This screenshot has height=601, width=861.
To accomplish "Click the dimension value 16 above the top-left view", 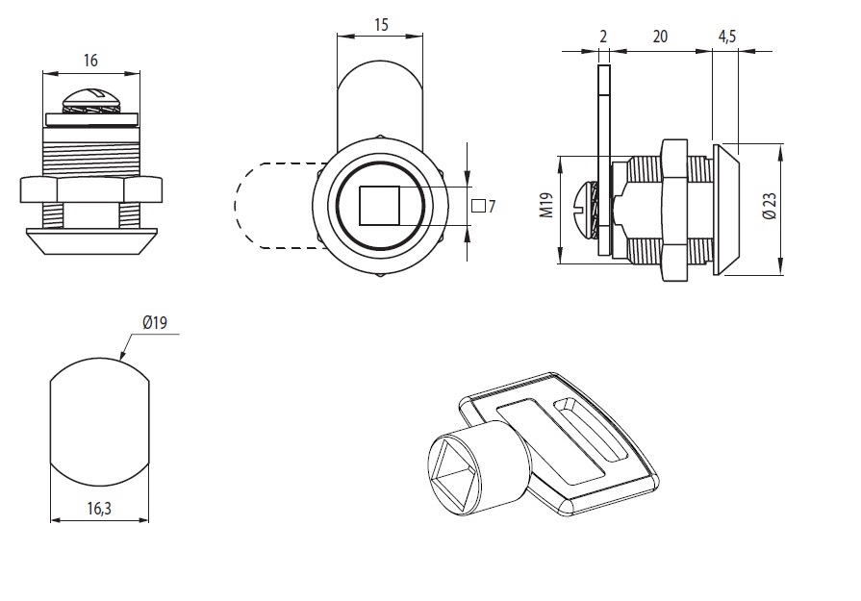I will pos(91,61).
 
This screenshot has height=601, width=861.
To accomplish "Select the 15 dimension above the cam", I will pos(380,25).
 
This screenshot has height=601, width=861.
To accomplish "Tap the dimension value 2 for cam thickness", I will pos(603,37).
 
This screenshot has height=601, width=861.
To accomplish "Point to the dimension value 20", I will pos(660,37).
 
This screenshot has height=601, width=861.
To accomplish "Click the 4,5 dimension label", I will pos(727,37).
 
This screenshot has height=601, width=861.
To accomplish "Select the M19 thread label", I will pos(545,205).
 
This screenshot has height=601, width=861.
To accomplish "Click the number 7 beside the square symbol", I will pos(491,206).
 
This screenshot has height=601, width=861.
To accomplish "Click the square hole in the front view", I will pos(379,205).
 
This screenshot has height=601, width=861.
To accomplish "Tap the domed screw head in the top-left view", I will pos(91,101).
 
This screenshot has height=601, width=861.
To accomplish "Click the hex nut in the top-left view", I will pos(91,189).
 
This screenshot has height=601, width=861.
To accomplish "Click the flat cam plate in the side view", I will pos(603,159).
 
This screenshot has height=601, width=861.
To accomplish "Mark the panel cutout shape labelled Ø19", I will pos(99,424).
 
